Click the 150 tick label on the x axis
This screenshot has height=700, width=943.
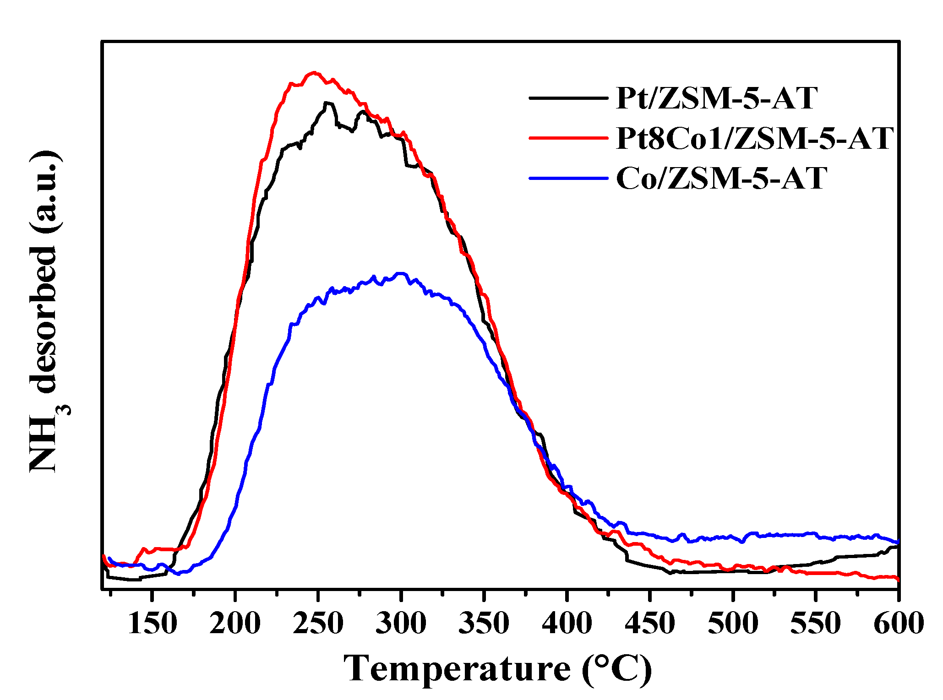click(152, 624)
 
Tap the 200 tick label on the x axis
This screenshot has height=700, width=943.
click(235, 624)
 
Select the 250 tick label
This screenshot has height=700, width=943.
click(318, 624)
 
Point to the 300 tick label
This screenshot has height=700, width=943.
click(401, 624)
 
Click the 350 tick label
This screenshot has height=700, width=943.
click(484, 624)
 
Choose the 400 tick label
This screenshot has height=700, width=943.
click(567, 624)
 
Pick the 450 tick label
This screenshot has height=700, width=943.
click(649, 624)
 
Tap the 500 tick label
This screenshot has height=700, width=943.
click(733, 624)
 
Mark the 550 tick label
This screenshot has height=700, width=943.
click(816, 624)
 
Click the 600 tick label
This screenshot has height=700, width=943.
click(898, 624)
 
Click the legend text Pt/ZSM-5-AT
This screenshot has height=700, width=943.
click(717, 98)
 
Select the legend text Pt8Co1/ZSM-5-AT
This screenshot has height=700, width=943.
click(755, 138)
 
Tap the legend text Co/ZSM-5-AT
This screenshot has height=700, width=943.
click(722, 179)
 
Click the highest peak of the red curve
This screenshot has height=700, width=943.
click(314, 72)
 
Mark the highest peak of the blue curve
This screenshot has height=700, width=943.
click(401, 273)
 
